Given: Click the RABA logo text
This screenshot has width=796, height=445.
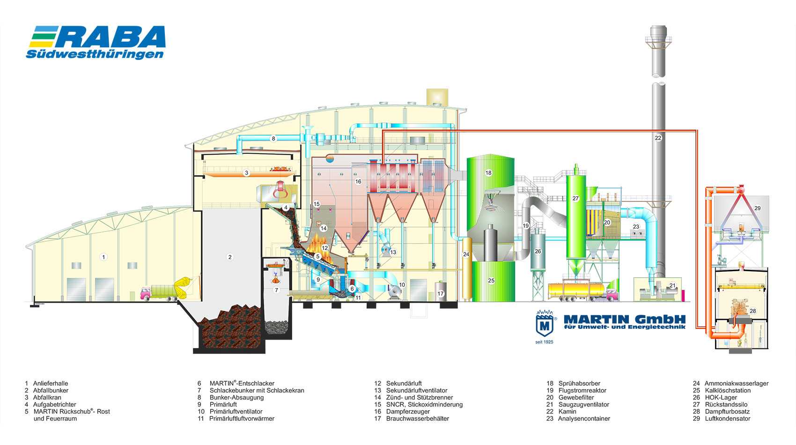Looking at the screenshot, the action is [x=110, y=36].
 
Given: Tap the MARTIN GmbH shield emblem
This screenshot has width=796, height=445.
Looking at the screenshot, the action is [x=545, y=323].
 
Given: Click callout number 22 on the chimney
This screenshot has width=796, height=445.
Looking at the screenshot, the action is [x=658, y=138].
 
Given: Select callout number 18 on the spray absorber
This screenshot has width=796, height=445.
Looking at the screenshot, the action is [x=489, y=173].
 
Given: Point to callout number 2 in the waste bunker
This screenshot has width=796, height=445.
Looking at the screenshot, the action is [x=230, y=257].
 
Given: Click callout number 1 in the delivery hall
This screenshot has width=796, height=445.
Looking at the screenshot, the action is [x=103, y=257].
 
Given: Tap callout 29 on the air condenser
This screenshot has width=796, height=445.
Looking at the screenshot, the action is [x=757, y=208].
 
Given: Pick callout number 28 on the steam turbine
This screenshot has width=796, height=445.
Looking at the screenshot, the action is [x=752, y=311].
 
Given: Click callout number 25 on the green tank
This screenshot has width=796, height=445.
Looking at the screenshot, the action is [x=491, y=281].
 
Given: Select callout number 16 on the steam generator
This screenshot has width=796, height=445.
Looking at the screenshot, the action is [x=358, y=182].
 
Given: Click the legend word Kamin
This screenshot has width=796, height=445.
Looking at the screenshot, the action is [x=568, y=412].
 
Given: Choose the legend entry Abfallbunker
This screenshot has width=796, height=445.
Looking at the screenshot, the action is [x=51, y=390].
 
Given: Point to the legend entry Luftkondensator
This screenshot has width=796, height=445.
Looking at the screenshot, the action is [x=728, y=419].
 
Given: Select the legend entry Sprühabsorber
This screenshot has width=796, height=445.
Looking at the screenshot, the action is [x=579, y=384].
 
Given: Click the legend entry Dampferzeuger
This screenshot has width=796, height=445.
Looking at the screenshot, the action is [x=408, y=412].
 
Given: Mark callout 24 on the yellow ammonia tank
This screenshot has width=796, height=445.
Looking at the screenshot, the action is [x=466, y=254].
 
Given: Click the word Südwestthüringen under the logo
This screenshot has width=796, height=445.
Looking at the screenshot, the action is [x=95, y=54].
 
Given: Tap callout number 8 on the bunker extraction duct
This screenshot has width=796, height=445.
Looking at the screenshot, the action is [x=273, y=139].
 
